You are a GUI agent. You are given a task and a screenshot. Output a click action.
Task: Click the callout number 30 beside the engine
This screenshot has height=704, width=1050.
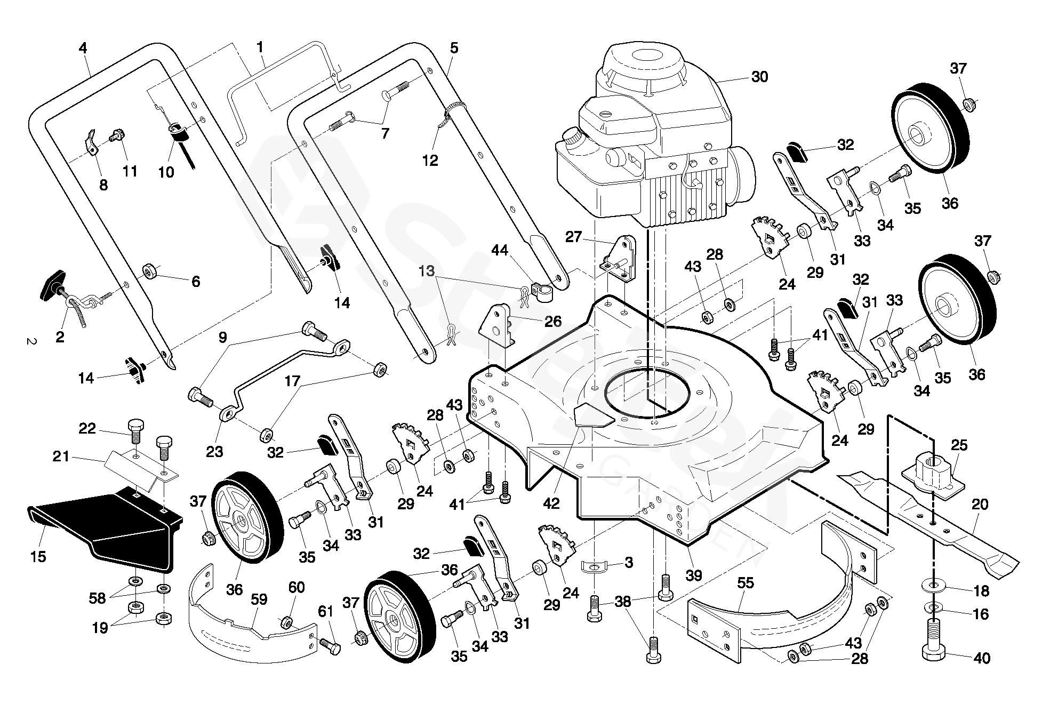[x=759, y=77]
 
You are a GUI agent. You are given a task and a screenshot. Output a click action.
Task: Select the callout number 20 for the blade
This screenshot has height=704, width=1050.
[x=980, y=505]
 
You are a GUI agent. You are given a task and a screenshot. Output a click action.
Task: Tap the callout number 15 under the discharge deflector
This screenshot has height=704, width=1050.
[x=38, y=557]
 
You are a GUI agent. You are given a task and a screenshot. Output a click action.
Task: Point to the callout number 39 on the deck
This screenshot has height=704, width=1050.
[x=694, y=575]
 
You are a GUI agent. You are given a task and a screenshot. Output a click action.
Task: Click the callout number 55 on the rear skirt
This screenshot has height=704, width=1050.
[x=745, y=583]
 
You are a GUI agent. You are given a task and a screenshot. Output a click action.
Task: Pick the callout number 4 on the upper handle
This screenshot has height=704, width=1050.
[x=83, y=48]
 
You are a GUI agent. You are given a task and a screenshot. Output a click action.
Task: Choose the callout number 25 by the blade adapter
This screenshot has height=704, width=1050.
[x=959, y=445]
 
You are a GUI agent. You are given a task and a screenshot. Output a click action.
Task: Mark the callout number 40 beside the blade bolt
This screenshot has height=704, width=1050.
[x=982, y=658]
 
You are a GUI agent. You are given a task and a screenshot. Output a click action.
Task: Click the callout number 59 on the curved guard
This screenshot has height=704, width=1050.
[x=259, y=599]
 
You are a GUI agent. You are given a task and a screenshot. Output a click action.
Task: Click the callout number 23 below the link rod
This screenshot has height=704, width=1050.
[x=214, y=452]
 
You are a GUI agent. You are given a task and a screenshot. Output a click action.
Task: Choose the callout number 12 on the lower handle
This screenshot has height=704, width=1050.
[x=430, y=160]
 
